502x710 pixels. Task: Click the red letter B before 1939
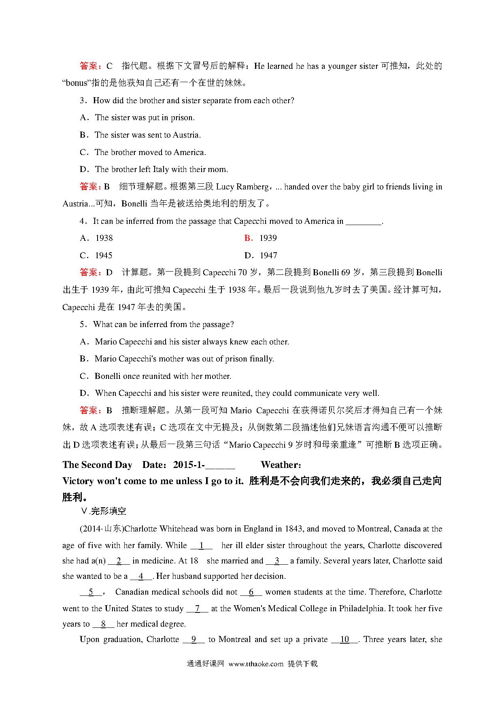(248, 238)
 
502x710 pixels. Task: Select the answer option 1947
(268, 255)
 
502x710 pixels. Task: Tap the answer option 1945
(104, 255)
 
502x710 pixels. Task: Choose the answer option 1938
(104, 238)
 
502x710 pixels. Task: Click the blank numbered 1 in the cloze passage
(201, 546)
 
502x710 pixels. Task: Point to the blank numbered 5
(91, 592)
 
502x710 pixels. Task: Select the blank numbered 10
(345, 640)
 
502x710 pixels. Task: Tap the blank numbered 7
(197, 609)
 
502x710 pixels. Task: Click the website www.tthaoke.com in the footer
(256, 664)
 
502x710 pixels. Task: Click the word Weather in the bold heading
(280, 465)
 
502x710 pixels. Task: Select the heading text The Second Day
(97, 465)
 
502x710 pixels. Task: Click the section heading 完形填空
(108, 511)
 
